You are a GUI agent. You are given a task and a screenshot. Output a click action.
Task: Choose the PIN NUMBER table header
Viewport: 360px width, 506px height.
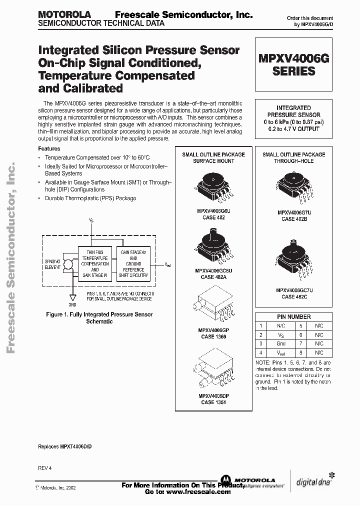click(x=293, y=316)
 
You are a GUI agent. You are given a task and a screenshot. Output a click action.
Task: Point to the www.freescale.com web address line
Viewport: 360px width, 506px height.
click(x=187, y=491)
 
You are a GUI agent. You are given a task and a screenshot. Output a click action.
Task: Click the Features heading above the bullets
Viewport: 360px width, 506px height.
click(x=49, y=148)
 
